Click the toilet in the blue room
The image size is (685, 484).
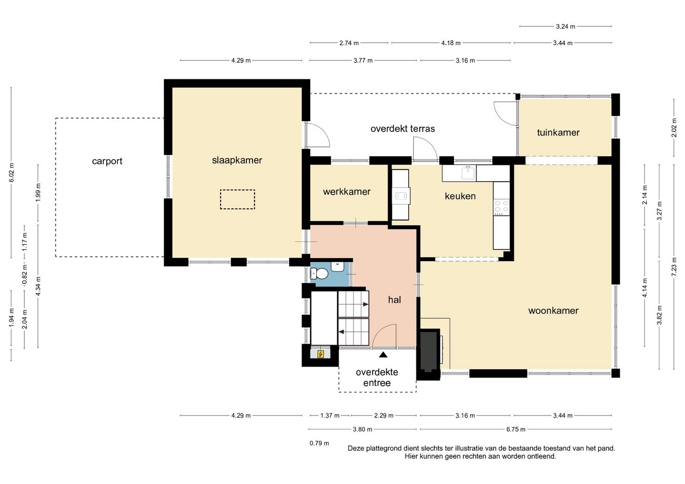pyautogui.click(x=319, y=273)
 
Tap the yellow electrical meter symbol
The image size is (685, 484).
pyautogui.click(x=321, y=354)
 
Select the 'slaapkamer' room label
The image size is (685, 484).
pyautogui.click(x=237, y=160)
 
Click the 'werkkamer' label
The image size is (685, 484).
pyautogui.click(x=347, y=192)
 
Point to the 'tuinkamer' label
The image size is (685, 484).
pyautogui.click(x=558, y=132)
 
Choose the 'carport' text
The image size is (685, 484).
pyautogui.click(x=107, y=161)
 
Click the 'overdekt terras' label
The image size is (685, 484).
pyautogui.click(x=402, y=129)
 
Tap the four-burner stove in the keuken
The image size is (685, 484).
pyautogui.click(x=501, y=207)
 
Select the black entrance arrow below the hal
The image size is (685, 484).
pyautogui.click(x=383, y=355)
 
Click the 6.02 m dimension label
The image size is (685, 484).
pyautogui.click(x=11, y=172)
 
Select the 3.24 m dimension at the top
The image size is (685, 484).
pyautogui.click(x=566, y=27)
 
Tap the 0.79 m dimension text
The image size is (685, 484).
pyautogui.click(x=319, y=443)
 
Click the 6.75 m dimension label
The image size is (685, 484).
pyautogui.click(x=516, y=429)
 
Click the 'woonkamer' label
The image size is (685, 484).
pyautogui.click(x=553, y=311)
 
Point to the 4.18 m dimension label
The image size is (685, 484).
pyautogui.click(x=451, y=43)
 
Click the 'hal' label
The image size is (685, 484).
pyautogui.click(x=394, y=300)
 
